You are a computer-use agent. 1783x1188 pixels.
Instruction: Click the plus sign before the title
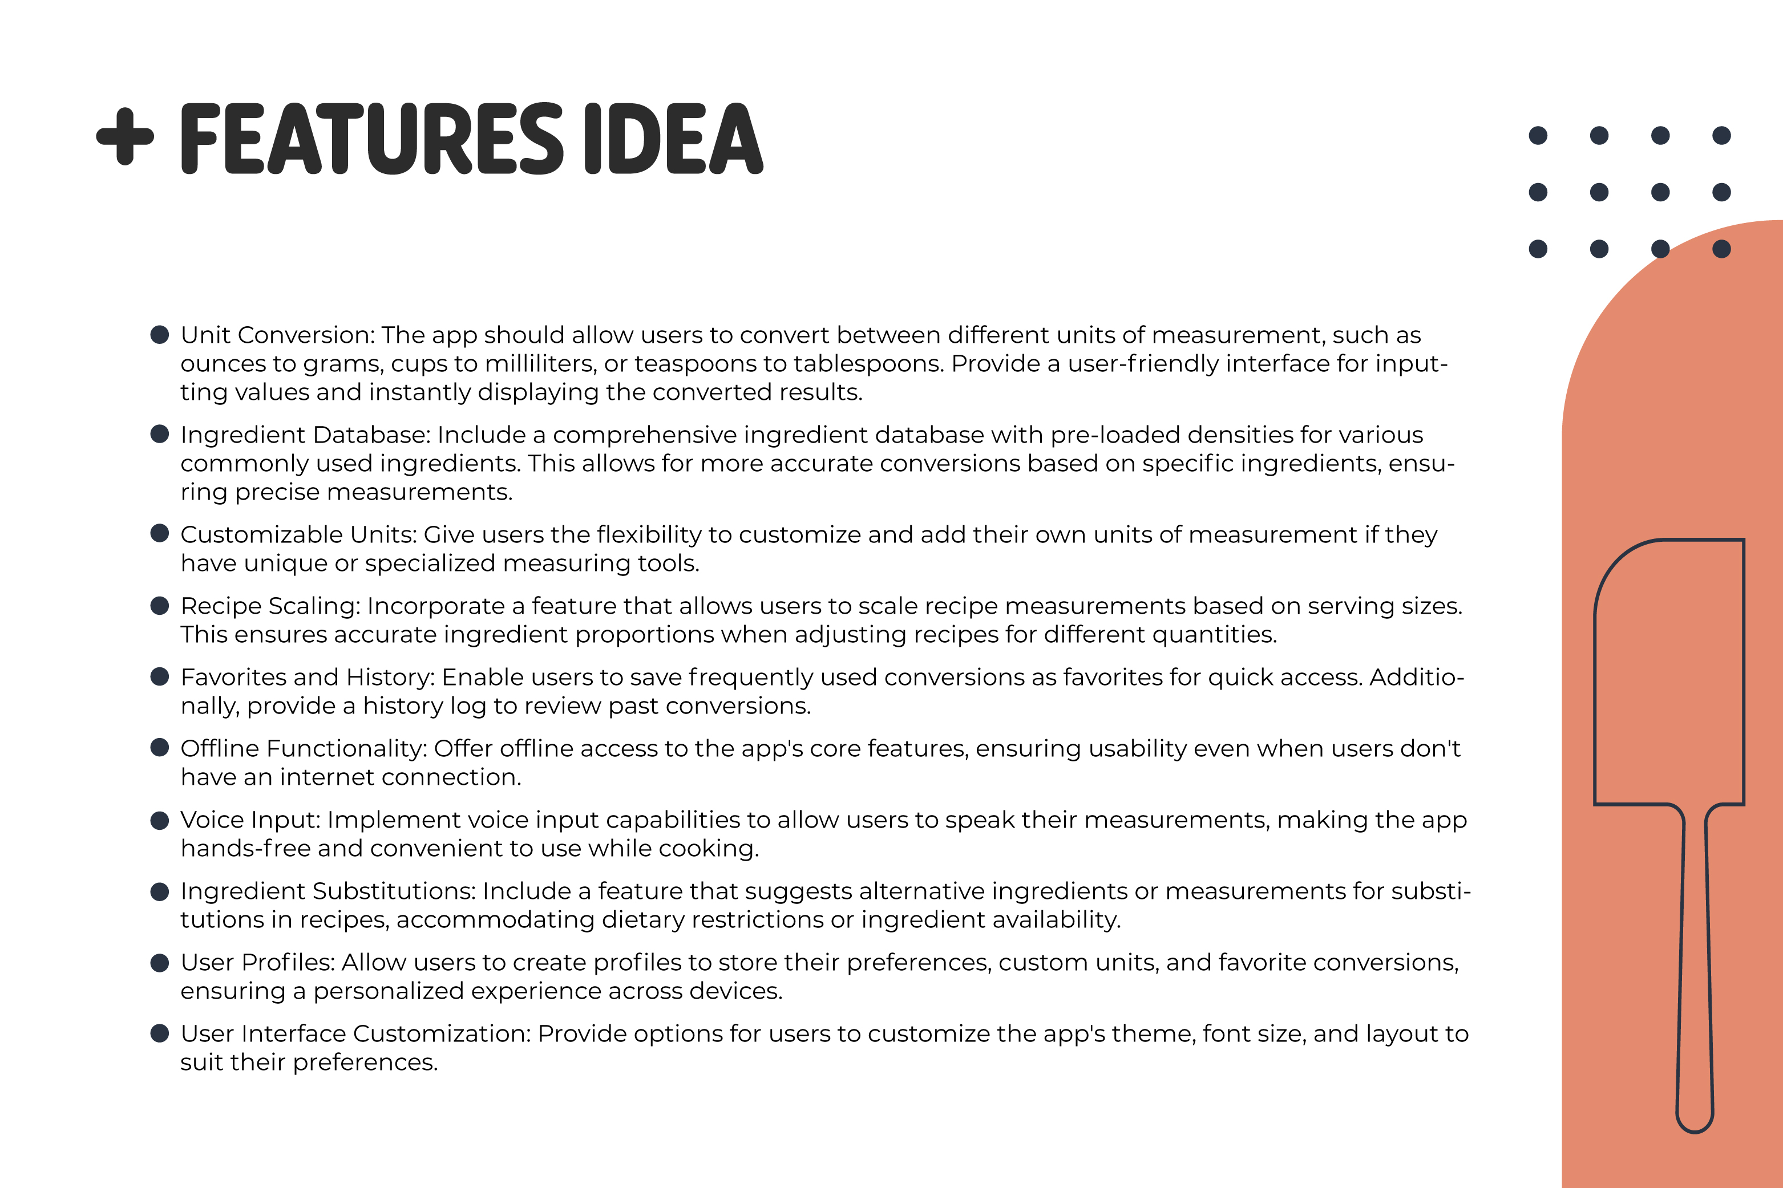[125, 137]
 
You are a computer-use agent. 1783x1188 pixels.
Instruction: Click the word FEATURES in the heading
[371, 139]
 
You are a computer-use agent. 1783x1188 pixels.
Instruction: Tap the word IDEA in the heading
[674, 139]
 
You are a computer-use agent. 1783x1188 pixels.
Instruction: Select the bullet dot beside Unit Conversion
[159, 335]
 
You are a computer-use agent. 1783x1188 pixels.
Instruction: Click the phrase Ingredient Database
[305, 435]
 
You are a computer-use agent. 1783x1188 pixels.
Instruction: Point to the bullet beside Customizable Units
[159, 533]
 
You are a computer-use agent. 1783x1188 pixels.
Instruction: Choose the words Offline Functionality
[303, 749]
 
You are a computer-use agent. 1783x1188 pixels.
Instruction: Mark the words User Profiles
[257, 962]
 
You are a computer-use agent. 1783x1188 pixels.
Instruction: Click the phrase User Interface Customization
[355, 1033]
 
